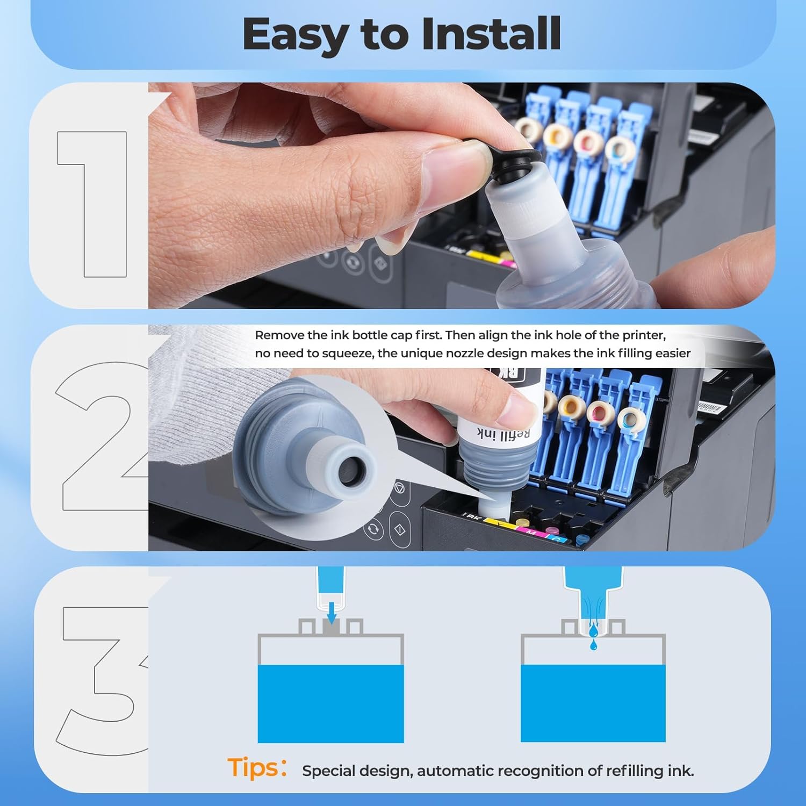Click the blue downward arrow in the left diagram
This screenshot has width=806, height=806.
point(332,611)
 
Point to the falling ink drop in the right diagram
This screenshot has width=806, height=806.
point(593,644)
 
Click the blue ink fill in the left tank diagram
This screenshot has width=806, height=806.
point(330,704)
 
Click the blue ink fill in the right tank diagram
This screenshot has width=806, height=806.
point(593,704)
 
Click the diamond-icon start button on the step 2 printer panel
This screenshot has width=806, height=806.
point(400,529)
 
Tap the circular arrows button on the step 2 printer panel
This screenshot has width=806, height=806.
point(373,529)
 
